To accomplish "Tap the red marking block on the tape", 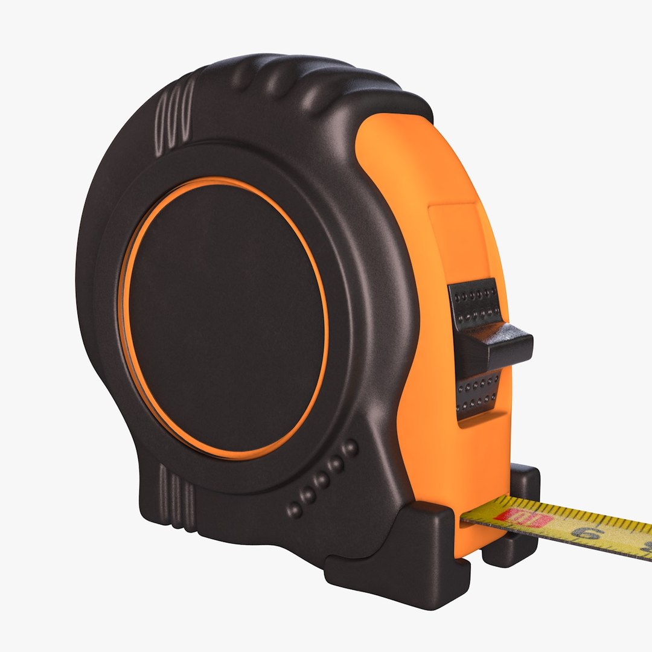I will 525,517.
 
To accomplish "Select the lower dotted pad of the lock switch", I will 478,393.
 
